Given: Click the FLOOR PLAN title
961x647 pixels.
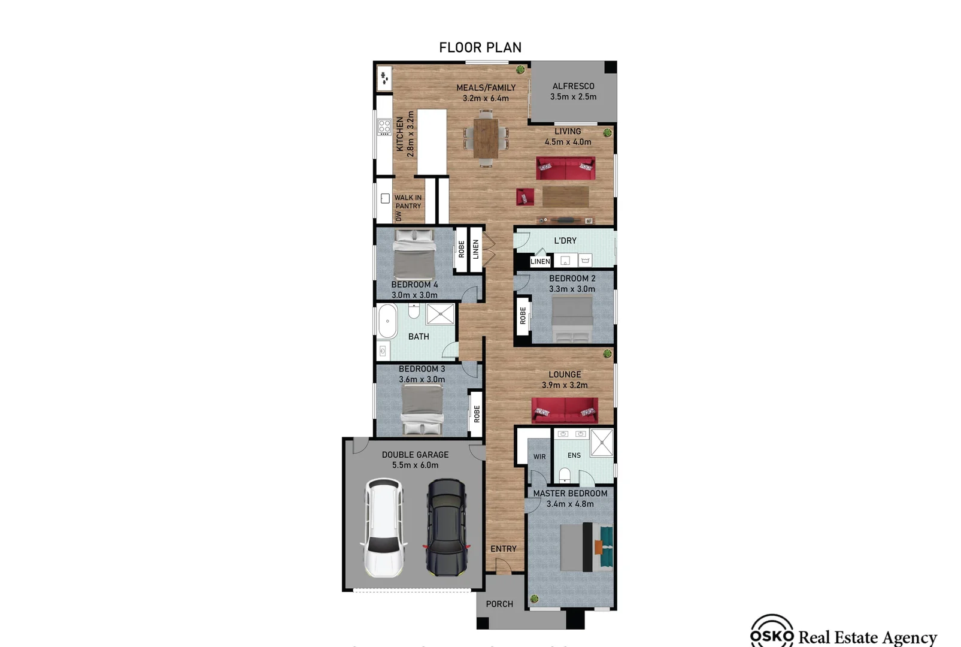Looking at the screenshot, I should (x=480, y=47).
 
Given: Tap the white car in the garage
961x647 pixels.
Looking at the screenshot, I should (x=384, y=527).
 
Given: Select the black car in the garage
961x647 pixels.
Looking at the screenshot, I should (x=446, y=527).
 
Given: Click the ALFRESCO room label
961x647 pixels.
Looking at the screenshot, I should (x=573, y=86).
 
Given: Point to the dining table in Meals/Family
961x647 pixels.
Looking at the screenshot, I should (x=486, y=138).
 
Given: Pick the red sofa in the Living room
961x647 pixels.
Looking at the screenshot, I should (x=565, y=168).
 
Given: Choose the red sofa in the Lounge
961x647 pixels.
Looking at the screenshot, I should (x=565, y=410).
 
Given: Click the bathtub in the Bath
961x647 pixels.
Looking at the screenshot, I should (x=388, y=321).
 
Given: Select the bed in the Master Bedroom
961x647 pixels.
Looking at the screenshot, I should (x=587, y=547).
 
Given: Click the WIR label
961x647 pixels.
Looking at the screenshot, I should (x=539, y=456).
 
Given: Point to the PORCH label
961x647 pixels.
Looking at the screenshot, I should (x=499, y=604).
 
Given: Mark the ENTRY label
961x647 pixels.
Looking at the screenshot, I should (x=503, y=549).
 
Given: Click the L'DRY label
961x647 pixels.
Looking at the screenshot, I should (x=565, y=241).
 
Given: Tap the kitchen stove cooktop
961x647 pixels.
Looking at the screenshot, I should (x=384, y=127).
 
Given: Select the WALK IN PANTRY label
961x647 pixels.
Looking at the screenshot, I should (x=408, y=202).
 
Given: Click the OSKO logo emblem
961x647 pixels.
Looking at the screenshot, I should (x=772, y=633).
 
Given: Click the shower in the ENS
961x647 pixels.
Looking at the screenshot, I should (x=602, y=443).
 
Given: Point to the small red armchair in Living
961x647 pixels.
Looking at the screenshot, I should (x=525, y=196).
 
